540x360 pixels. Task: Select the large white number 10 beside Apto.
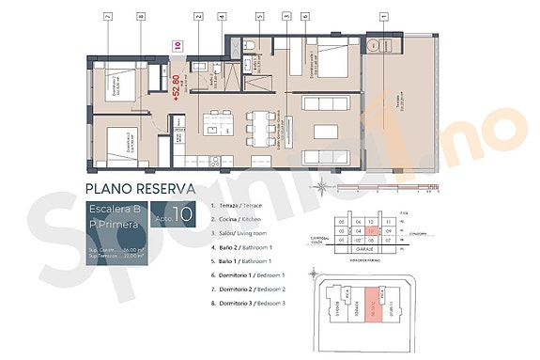point(184,214)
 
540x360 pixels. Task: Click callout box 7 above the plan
point(109,16)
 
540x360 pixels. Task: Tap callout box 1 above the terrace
point(383,16)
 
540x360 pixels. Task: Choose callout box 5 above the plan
point(259,16)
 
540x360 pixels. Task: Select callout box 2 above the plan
point(198,16)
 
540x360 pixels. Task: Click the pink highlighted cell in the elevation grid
point(373,227)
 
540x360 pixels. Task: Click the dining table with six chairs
point(256,122)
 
